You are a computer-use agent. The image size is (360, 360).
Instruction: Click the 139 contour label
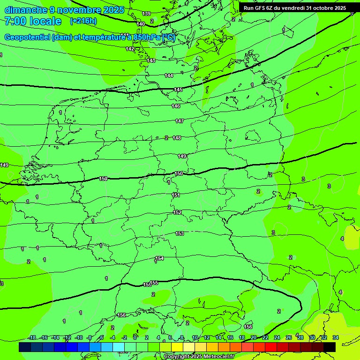(146, 14)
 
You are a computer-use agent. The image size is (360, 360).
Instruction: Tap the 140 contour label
(141, 24)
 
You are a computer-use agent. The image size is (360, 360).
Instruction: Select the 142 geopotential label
(130, 49)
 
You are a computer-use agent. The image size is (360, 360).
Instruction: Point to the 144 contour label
(169, 75)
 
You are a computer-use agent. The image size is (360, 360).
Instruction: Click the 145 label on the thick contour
(178, 90)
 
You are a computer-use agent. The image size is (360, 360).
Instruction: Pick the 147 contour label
(180, 121)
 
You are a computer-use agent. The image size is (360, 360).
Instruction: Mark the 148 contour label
(177, 138)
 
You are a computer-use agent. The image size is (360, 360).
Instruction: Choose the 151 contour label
(176, 195)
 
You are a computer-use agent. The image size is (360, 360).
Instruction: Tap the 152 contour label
(177, 212)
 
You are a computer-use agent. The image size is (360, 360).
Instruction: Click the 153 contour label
(180, 233)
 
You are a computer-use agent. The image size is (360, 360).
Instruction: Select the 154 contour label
(159, 258)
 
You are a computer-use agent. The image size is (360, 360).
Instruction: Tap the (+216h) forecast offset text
(83, 21)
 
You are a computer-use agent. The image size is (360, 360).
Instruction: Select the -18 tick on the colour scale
(32, 337)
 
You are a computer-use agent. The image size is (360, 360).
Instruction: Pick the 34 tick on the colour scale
(336, 337)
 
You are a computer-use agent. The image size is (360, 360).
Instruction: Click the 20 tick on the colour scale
(254, 337)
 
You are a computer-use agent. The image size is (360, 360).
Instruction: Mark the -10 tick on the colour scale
(78, 337)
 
